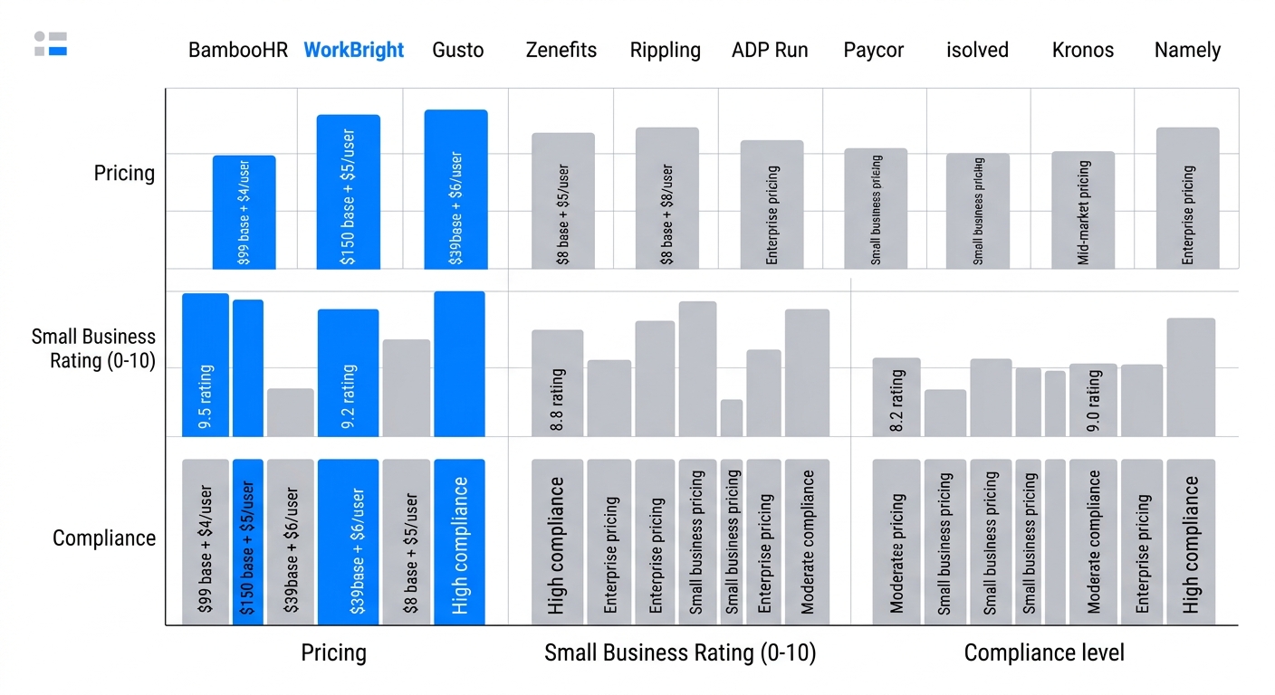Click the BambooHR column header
[x=238, y=51]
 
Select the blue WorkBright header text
[x=354, y=51]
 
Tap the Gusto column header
[x=458, y=51]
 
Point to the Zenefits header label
[x=561, y=51]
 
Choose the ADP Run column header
[x=770, y=51]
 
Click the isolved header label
[x=977, y=51]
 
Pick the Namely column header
[x=1187, y=51]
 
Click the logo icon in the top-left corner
[x=51, y=43]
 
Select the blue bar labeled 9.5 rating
[x=206, y=365]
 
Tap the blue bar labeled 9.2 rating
[x=348, y=373]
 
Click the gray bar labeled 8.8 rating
[x=557, y=383]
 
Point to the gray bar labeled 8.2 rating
[x=896, y=397]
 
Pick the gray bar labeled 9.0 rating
[x=1093, y=400]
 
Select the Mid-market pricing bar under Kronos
[x=1083, y=210]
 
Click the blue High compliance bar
[x=459, y=542]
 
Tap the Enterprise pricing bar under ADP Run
[x=772, y=205]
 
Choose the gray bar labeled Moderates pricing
[x=896, y=542]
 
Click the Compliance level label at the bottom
[x=1044, y=653]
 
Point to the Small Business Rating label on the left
[x=93, y=349]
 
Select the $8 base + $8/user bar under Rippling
[x=666, y=198]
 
